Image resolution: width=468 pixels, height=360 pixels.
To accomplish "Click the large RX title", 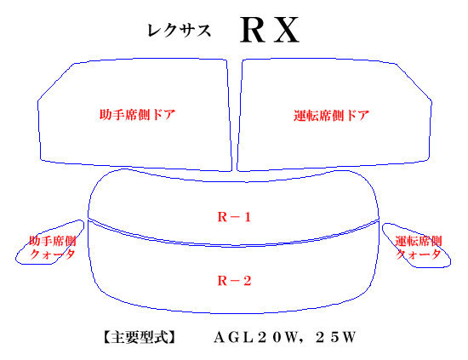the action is pos(270,30).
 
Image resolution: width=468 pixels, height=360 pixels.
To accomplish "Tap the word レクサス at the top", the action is pos(179,31).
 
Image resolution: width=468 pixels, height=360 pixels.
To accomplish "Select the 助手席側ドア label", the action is pos(137,115).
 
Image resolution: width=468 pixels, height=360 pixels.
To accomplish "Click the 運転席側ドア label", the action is pos(331,116).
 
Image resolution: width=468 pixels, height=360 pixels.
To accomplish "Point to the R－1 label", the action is pos(234,217).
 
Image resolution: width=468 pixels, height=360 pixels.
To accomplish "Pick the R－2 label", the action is pos(234,281).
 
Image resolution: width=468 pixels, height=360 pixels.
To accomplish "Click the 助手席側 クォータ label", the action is pos(52,248).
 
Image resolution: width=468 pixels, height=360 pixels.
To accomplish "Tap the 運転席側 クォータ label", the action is pos(418,248).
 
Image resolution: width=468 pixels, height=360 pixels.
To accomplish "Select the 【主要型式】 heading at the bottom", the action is pos(140,337).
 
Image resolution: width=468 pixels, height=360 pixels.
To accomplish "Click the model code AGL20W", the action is pos(256,338).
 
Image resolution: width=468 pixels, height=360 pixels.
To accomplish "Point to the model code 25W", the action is pos(335,338).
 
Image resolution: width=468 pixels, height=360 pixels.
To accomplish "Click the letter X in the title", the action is pos(287,30).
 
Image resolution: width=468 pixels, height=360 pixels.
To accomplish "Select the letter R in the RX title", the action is pos(253,30).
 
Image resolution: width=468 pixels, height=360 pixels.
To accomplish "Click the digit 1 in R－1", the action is pos(247,217).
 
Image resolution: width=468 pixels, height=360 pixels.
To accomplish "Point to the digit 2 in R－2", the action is pos(247,281).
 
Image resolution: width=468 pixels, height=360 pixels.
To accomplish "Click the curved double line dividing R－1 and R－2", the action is pos(234,246).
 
